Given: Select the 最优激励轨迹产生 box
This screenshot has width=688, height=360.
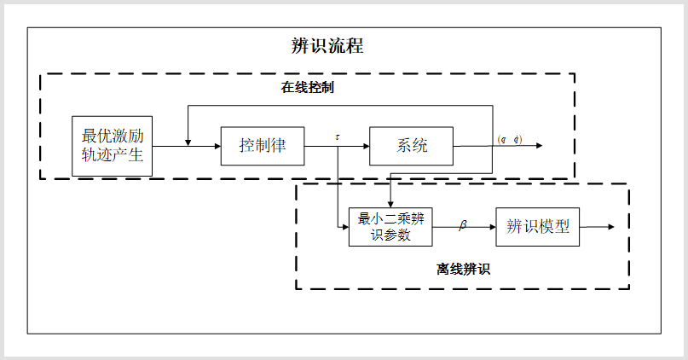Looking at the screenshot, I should pos(112,146).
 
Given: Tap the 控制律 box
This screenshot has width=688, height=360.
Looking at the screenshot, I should pos(262,145).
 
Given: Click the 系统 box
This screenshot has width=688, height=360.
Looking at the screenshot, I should pos(411,145).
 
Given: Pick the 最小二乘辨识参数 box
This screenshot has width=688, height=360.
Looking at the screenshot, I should pos(391,227).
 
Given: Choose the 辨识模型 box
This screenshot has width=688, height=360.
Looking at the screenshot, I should pos(537,227).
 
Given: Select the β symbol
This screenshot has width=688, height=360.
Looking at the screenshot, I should pos(464,225).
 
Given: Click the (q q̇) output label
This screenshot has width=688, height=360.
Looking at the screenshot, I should pos(510,139).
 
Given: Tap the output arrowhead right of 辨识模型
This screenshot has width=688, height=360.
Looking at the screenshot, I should pos(610,227).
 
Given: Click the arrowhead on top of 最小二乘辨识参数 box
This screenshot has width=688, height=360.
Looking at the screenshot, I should pos(390,203).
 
